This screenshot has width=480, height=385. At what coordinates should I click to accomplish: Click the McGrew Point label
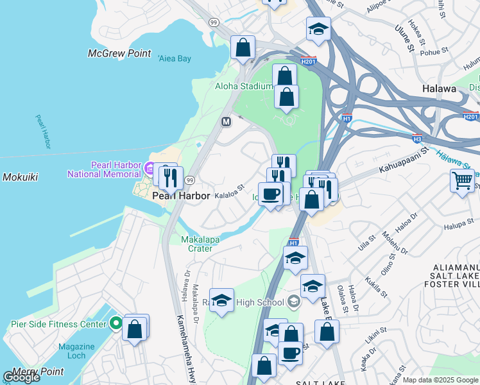click(x=120, y=54)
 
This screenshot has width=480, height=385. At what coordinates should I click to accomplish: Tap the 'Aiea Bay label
click(x=175, y=58)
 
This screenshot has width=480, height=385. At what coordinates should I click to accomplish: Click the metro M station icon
click(x=226, y=121)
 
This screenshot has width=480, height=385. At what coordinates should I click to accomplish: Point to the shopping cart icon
click(x=462, y=181)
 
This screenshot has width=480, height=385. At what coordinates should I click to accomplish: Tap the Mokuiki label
click(x=21, y=176)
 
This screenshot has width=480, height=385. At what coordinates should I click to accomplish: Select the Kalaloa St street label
click(x=230, y=193)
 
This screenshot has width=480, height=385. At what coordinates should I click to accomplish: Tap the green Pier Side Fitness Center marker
click(x=116, y=322)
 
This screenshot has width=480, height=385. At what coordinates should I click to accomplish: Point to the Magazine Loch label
click(x=76, y=351)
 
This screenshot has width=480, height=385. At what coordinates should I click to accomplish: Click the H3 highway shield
click(x=417, y=137)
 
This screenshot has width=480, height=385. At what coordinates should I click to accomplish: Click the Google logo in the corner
click(x=21, y=377)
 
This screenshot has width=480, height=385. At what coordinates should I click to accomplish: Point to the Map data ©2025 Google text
click(x=440, y=380)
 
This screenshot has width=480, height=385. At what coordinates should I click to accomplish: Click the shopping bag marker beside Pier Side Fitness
click(x=135, y=329)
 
